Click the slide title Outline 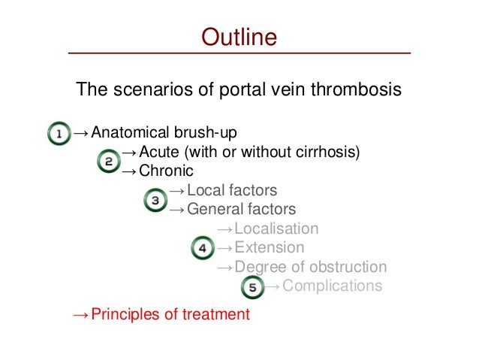[x=239, y=37]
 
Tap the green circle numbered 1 [x=58, y=135]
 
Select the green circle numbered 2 [x=109, y=161]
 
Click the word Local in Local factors [x=206, y=190]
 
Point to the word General [x=216, y=210]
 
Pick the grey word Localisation [x=276, y=228]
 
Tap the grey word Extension [x=269, y=247]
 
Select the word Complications [x=333, y=286]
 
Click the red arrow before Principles [x=80, y=315]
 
